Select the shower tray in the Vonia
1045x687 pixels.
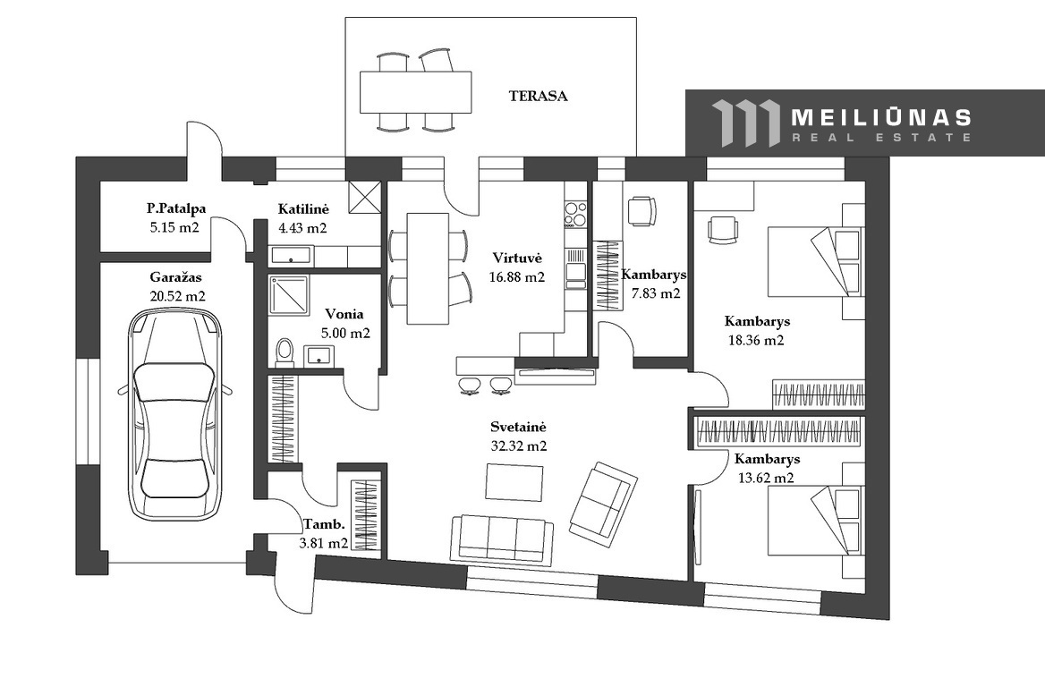(289, 295)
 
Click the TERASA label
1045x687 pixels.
(539, 96)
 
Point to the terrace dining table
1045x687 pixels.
(416, 92)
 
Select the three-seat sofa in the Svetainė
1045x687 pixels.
(502, 539)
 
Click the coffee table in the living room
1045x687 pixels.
(514, 482)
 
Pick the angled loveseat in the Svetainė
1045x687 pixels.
(603, 500)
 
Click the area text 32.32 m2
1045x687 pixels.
(519, 446)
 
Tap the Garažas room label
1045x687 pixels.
(175, 277)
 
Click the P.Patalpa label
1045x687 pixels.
(176, 208)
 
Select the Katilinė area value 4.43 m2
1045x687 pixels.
(302, 228)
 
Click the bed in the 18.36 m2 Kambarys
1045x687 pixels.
(816, 262)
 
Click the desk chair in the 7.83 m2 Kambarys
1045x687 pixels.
(641, 211)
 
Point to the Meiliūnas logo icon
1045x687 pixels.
(745, 123)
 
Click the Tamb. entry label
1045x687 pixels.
(324, 523)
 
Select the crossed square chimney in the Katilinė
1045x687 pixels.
(364, 197)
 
